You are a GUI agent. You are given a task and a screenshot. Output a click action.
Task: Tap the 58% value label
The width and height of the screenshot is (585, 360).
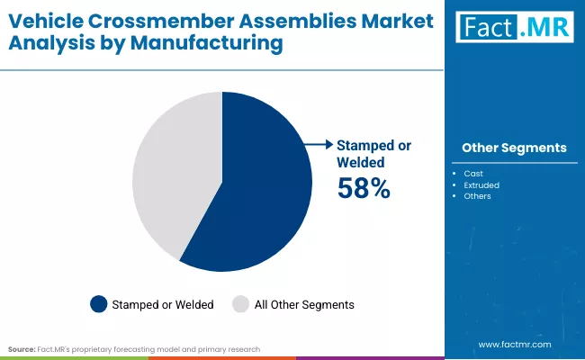[364, 188]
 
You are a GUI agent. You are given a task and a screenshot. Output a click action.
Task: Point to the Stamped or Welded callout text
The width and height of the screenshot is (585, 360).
[361, 153]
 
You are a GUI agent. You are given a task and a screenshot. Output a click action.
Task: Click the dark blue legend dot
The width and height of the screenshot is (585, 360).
[98, 304]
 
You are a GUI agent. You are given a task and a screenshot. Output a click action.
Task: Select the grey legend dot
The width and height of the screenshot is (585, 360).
[240, 304]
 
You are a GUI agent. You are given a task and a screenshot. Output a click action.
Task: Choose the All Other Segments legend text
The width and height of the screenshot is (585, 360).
[304, 305]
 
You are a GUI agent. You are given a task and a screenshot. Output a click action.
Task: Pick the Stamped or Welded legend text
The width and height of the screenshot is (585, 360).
[163, 305]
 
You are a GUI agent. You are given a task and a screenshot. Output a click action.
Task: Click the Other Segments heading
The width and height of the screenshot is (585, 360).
[514, 148]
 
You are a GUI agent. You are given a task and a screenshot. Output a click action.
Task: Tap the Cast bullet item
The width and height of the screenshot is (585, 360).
[473, 173]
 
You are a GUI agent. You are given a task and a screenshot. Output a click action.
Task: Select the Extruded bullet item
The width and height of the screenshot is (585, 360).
[481, 184]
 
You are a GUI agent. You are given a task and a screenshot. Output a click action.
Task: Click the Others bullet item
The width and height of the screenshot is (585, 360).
[478, 196]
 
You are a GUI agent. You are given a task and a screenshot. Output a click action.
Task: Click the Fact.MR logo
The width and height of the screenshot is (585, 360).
[514, 28]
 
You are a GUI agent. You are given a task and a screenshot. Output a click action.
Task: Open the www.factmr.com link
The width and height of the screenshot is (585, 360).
[514, 344]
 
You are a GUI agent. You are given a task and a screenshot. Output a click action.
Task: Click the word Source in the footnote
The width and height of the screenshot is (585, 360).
[22, 348]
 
